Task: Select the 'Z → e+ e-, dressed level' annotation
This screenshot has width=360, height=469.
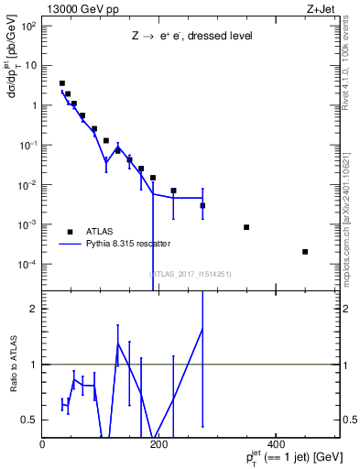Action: point(191,38)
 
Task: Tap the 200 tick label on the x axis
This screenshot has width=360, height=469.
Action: point(158,443)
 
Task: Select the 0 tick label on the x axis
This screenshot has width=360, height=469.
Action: point(43,443)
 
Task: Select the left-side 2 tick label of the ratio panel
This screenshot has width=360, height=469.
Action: point(34,309)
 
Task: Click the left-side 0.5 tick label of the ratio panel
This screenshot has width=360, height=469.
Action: point(30,420)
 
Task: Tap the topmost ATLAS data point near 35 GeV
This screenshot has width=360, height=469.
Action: point(62,83)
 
